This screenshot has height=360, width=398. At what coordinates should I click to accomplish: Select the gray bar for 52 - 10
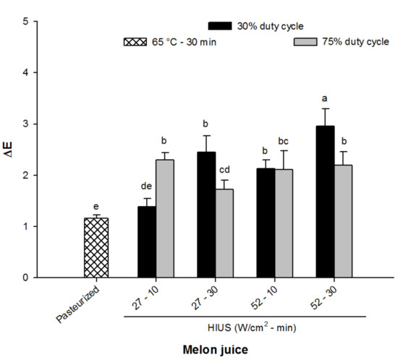coord(284,223)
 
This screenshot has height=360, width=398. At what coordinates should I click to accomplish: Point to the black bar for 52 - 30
coord(326,202)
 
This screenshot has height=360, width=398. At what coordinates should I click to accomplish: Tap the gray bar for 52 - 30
coord(344,221)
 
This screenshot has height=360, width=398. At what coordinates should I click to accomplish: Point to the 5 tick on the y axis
coord(26,22)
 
